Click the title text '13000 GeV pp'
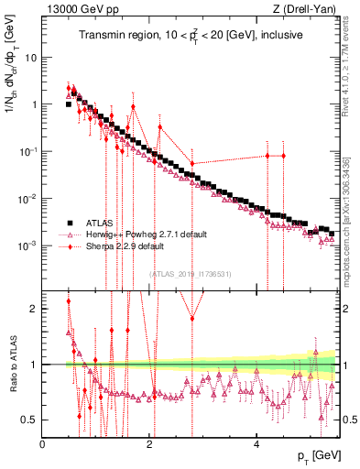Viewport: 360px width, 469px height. [x=73, y=10]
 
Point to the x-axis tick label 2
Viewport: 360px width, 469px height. [x=149, y=443]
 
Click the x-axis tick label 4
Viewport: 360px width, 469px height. [x=256, y=443]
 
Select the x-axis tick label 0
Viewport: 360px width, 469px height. [x=43, y=443]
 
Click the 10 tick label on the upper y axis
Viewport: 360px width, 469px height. [x=31, y=57]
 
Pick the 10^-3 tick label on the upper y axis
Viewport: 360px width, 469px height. [x=27, y=246]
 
